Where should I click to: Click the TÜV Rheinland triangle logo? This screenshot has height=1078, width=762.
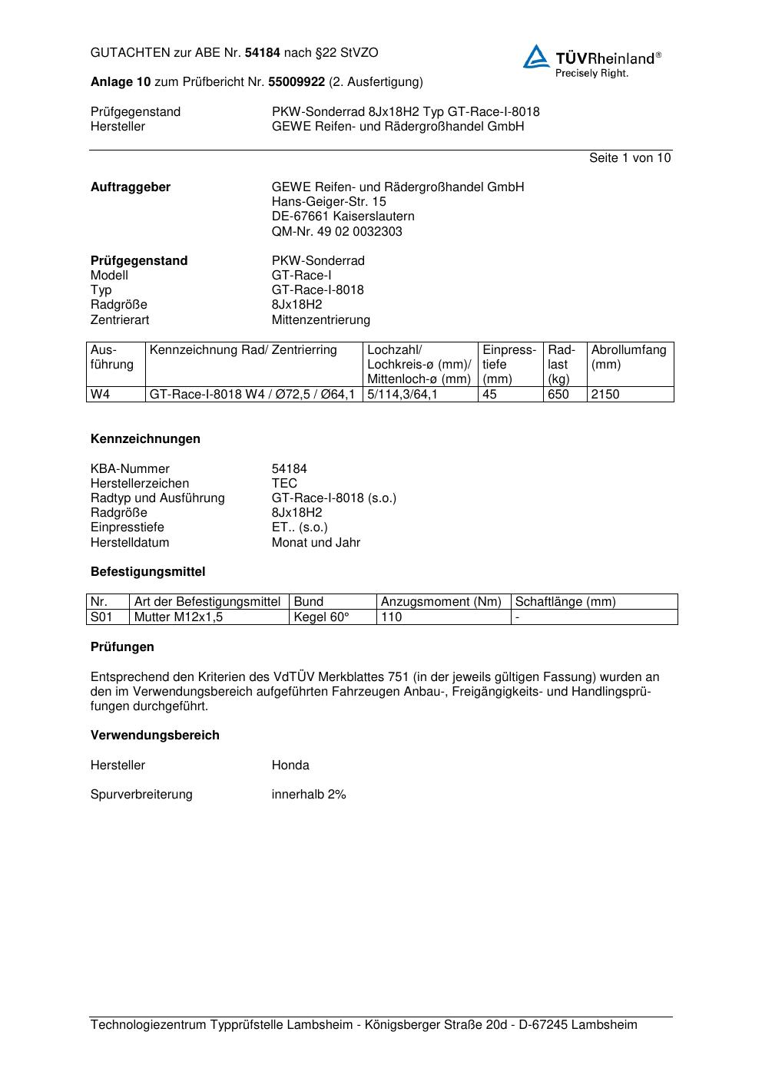[x=536, y=57]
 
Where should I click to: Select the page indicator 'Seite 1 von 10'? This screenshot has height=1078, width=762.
[x=629, y=158]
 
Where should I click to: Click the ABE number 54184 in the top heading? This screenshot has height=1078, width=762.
[x=262, y=53]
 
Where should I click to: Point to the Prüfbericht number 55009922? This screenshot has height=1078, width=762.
[x=297, y=82]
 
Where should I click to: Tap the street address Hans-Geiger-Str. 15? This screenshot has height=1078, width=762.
[x=329, y=202]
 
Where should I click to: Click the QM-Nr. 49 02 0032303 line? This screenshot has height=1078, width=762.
[x=336, y=231]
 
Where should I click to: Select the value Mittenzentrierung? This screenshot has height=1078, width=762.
[x=320, y=319]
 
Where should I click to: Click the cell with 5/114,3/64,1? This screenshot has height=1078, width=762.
[x=403, y=395]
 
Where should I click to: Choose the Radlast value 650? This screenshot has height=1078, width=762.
[x=558, y=395]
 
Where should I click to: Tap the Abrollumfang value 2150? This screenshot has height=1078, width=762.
[x=605, y=395]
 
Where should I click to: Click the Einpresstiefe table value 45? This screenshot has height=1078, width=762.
[x=489, y=395]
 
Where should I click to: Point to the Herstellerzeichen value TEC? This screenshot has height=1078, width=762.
[x=284, y=484]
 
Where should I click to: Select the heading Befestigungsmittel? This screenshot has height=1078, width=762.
[x=147, y=572]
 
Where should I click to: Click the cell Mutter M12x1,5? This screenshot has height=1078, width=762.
[x=178, y=617]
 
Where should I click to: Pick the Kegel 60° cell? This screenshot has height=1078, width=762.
[x=321, y=617]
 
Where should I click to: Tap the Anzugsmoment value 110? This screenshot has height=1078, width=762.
[x=392, y=617]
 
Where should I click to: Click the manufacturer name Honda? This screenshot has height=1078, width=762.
[x=290, y=766]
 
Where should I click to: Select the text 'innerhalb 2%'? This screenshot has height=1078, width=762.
[x=309, y=795]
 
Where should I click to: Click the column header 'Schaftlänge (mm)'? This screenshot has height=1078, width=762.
[x=565, y=602]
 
